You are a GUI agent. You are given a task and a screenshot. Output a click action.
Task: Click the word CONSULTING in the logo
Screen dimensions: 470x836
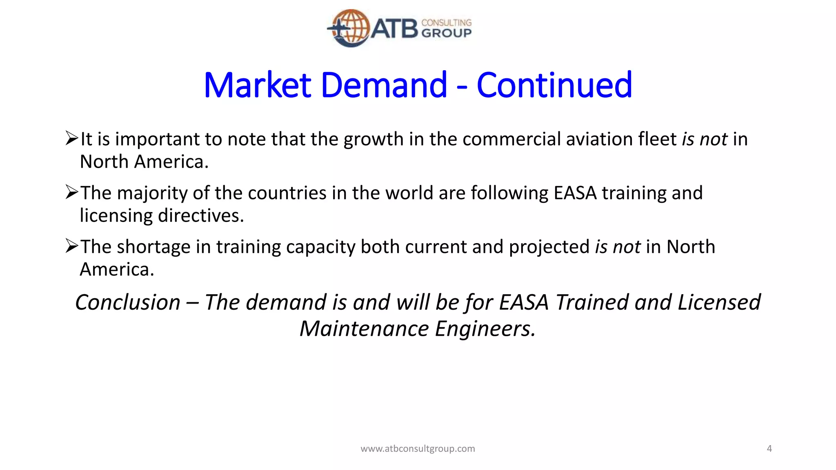446,22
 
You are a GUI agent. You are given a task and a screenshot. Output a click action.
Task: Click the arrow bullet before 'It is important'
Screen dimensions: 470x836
71,138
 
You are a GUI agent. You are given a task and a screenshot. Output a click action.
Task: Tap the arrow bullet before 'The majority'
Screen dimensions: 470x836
71,192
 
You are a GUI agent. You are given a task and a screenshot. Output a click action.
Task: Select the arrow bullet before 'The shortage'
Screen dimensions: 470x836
71,246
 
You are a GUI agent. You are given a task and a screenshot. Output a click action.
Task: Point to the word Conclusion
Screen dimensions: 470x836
128,302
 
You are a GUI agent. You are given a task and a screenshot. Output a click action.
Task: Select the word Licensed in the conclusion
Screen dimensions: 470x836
719,302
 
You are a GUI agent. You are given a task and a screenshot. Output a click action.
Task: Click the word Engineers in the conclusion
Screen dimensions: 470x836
485,329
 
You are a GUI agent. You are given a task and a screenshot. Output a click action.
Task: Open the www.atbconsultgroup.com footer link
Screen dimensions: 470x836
418,449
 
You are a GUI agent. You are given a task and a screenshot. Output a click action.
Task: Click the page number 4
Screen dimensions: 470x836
769,449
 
